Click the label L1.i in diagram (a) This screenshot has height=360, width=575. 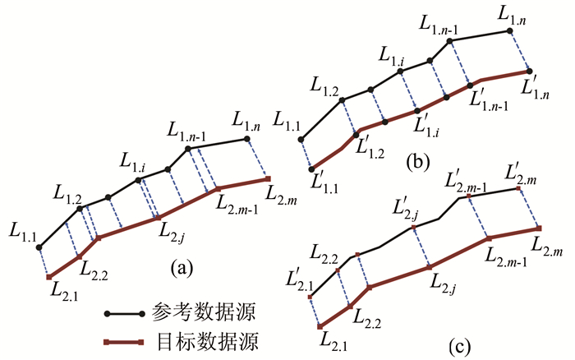point(133,162)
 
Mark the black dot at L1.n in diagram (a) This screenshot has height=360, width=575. point(247,140)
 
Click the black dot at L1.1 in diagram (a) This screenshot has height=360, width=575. point(39,247)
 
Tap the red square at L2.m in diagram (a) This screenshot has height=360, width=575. point(267,178)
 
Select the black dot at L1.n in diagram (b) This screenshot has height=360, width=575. point(509,30)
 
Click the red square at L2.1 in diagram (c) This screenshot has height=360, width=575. point(321,325)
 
